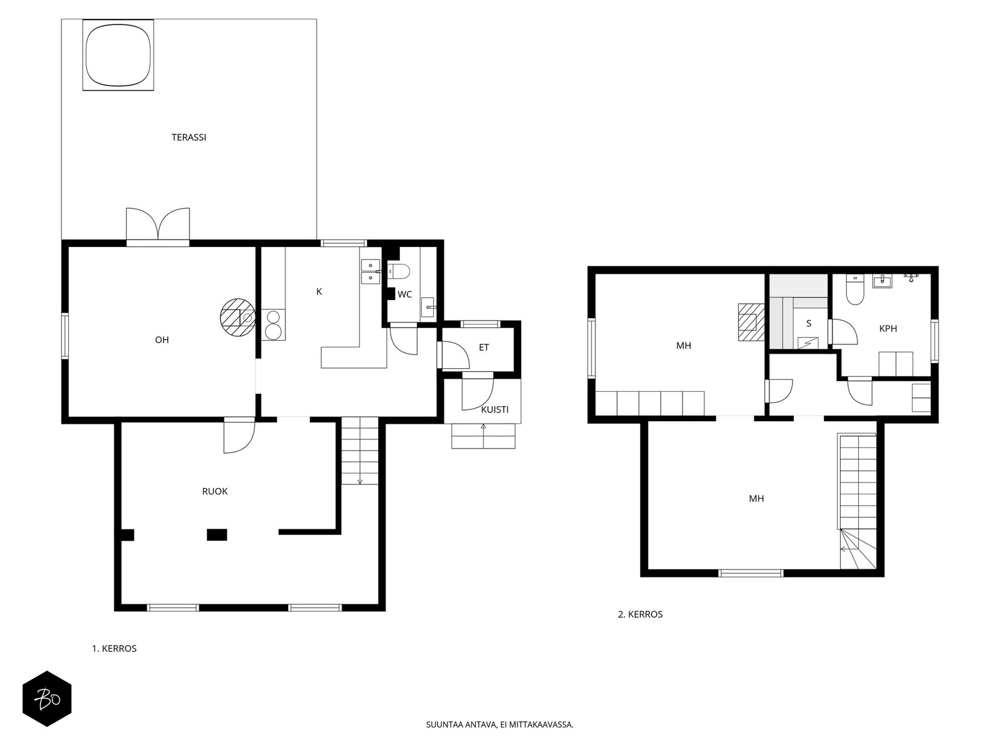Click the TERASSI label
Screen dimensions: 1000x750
pyautogui.click(x=189, y=137)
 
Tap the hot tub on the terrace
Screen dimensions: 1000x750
pyautogui.click(x=118, y=55)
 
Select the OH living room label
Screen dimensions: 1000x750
pyautogui.click(x=162, y=340)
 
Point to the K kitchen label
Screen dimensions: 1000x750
pyautogui.click(x=319, y=292)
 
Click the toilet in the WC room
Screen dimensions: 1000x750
pyautogui.click(x=399, y=271)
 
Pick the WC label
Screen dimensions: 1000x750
pyautogui.click(x=404, y=294)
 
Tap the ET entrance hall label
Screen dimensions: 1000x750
pyautogui.click(x=484, y=347)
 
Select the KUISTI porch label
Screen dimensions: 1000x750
pyautogui.click(x=495, y=409)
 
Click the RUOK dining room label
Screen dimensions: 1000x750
pyautogui.click(x=214, y=491)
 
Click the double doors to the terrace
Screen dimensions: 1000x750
pyautogui.click(x=157, y=226)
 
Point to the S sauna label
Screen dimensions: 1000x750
pyautogui.click(x=809, y=324)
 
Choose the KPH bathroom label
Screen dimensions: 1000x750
pyautogui.click(x=888, y=328)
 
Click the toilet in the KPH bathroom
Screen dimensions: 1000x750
pyautogui.click(x=855, y=289)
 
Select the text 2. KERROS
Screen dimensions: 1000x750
pyautogui.click(x=640, y=614)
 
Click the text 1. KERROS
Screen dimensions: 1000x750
pyautogui.click(x=114, y=649)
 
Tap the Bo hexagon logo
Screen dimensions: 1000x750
pyautogui.click(x=47, y=699)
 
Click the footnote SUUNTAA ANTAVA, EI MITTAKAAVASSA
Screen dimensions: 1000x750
pyautogui.click(x=500, y=724)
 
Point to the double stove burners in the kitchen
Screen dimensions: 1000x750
pyautogui.click(x=273, y=324)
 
